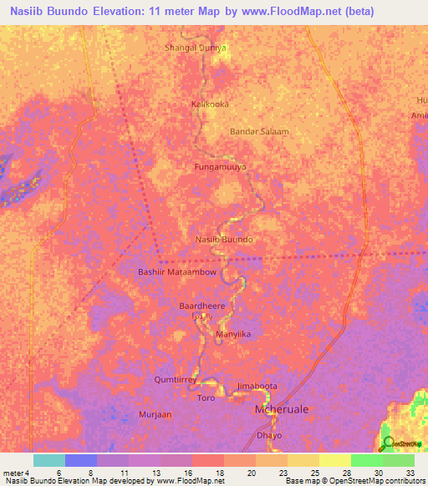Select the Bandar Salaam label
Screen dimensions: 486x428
point(259,132)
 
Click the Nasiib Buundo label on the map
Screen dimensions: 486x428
point(223,240)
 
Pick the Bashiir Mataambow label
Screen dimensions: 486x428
point(176,272)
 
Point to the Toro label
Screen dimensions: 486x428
point(206,398)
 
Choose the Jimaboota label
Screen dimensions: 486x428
point(257,387)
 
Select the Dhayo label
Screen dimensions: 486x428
point(270,436)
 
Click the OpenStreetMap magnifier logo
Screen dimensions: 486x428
point(388,443)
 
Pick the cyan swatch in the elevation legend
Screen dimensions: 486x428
point(49,460)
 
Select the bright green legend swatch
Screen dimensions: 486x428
point(366,460)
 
